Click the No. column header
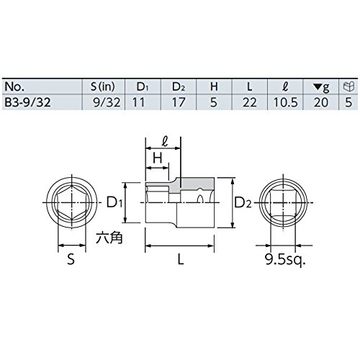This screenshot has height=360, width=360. [14, 86]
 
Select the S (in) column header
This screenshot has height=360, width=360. [103, 86]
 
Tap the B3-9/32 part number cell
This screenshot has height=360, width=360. [27, 102]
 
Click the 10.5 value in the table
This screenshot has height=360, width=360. [286, 102]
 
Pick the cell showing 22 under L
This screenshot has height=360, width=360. [250, 102]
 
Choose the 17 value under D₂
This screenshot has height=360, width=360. [179, 102]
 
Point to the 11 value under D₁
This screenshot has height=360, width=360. [138, 102]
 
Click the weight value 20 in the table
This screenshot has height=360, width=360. [321, 102]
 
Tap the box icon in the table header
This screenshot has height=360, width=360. [348, 86]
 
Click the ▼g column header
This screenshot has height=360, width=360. [321, 87]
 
